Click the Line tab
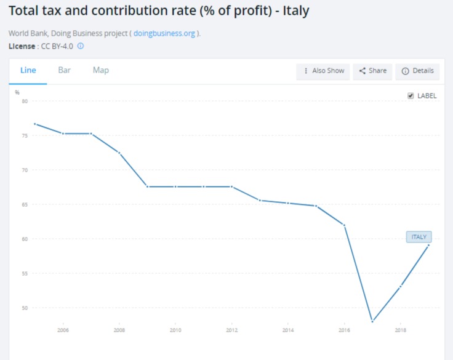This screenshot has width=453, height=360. [28, 70]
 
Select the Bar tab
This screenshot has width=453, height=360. [64, 70]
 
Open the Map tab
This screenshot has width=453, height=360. [101, 70]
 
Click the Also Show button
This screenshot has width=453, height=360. [324, 71]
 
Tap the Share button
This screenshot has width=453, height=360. [373, 71]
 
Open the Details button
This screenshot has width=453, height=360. [417, 71]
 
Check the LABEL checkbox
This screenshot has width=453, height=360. [411, 96]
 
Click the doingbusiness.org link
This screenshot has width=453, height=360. [164, 33]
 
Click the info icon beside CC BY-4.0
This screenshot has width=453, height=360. [80, 46]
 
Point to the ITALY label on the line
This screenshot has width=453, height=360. [419, 237]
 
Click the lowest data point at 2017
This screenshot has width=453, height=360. [372, 321]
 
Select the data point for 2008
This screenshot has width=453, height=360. [119, 153]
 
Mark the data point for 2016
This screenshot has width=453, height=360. [345, 225]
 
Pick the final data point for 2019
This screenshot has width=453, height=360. [428, 246]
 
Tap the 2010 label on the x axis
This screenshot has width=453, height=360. [175, 330]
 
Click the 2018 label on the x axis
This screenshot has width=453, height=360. [401, 330]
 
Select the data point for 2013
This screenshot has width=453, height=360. [260, 200]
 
